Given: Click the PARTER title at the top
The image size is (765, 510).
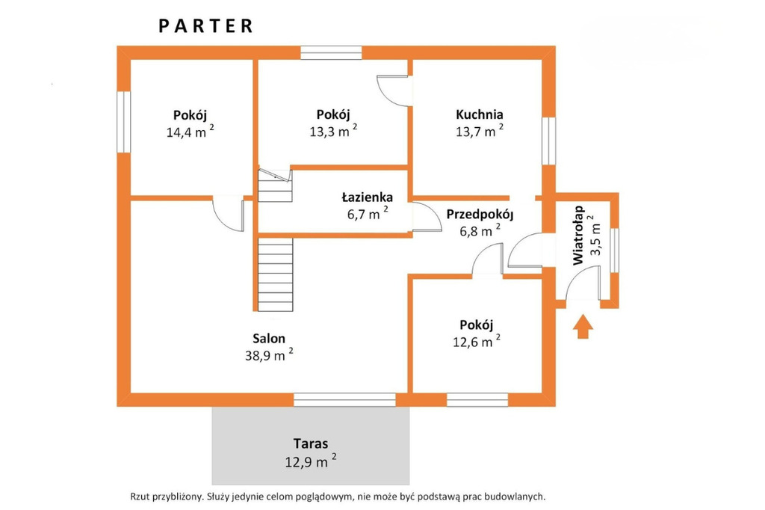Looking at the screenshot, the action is click(205, 26).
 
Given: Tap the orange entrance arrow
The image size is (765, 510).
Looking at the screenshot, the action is click(583, 326).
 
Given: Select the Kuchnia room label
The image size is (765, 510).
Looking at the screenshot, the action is click(479, 114).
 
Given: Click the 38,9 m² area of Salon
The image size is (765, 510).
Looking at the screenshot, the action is click(269, 354).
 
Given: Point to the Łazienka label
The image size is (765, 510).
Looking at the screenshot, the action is click(367, 197).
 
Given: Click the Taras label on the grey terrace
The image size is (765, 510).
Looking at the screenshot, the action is click(311, 443).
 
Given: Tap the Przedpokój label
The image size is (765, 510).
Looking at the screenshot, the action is click(480, 215).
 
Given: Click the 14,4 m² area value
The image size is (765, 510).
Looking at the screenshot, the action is click(190, 131).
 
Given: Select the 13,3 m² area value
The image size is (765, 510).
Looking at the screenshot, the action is click(333, 130).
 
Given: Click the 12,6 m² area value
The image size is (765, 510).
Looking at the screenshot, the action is click(476, 340).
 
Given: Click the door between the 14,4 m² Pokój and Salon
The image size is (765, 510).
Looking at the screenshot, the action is click(229, 214).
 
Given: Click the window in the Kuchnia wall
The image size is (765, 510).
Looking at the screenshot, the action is click(549, 141).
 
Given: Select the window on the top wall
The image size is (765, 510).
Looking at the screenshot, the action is click(331, 53).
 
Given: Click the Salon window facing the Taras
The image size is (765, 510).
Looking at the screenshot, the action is click(344, 399).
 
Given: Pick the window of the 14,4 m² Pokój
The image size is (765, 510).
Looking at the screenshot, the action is click(124, 122).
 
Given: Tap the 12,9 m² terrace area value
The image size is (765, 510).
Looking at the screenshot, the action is click(310, 461).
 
